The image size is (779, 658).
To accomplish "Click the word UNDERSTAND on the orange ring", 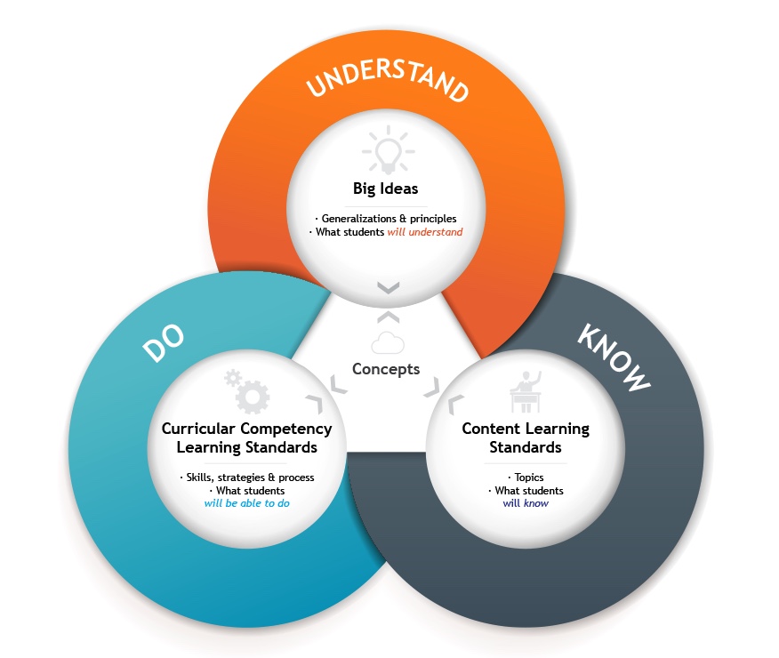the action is coord(388,80).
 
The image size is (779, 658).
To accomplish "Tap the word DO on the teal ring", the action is coord(164,341).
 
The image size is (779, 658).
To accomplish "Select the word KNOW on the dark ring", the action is coord(614,357).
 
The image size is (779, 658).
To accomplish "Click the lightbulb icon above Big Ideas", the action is coord(388,149).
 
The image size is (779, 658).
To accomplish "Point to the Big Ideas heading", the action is coord(386,189).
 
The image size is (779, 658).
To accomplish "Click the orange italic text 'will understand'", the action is coord(425,232).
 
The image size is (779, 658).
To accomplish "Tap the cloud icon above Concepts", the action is coord(388,342).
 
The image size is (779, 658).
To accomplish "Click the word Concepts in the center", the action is coord(386,369).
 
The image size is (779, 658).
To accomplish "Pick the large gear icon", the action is coord(253,397).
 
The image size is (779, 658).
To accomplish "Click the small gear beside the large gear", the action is coord(232,378).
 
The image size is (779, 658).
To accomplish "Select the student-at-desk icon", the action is coord(526,392).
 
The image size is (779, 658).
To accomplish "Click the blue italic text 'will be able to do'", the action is coord(247,503).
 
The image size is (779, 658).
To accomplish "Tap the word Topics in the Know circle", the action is coord(529,477).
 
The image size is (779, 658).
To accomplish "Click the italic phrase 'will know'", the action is coord(526,503).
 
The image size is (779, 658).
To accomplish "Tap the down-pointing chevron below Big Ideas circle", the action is coord(388,287).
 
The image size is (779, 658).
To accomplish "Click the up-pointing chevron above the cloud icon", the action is coord(388,317).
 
